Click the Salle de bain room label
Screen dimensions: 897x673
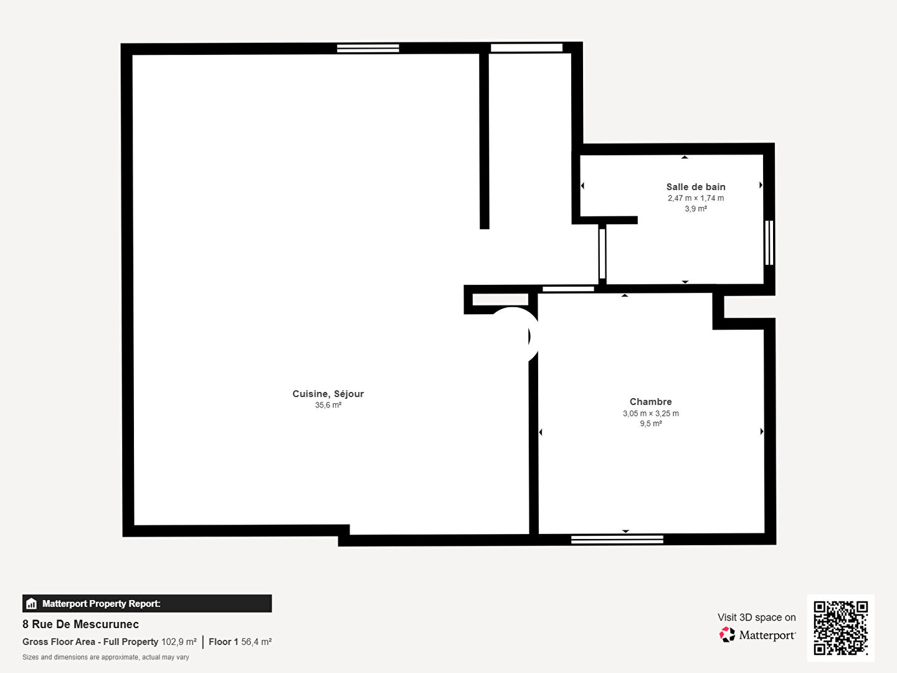(696, 187)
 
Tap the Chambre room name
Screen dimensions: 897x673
(650, 402)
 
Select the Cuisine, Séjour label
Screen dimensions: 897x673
(328, 393)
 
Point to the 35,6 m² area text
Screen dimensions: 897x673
(328, 405)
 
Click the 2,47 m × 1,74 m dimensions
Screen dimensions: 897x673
(696, 198)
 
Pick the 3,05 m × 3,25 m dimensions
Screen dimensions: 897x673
(650, 413)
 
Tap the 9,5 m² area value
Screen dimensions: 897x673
(650, 423)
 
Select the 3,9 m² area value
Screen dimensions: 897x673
(696, 208)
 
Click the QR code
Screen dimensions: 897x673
(840, 628)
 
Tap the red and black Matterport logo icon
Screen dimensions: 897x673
(727, 634)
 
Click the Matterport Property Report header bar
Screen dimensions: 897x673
(147, 603)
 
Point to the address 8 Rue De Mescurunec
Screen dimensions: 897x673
(80, 624)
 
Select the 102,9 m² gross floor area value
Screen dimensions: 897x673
(179, 642)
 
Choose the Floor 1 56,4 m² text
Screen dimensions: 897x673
(240, 642)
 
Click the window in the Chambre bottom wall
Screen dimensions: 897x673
(617, 540)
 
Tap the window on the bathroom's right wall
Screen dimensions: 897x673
(769, 243)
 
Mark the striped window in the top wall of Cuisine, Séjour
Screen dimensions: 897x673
(368, 48)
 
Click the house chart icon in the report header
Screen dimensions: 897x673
(32, 603)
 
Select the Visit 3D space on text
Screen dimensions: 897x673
(756, 617)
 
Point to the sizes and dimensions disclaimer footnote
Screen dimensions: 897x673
(105, 657)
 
